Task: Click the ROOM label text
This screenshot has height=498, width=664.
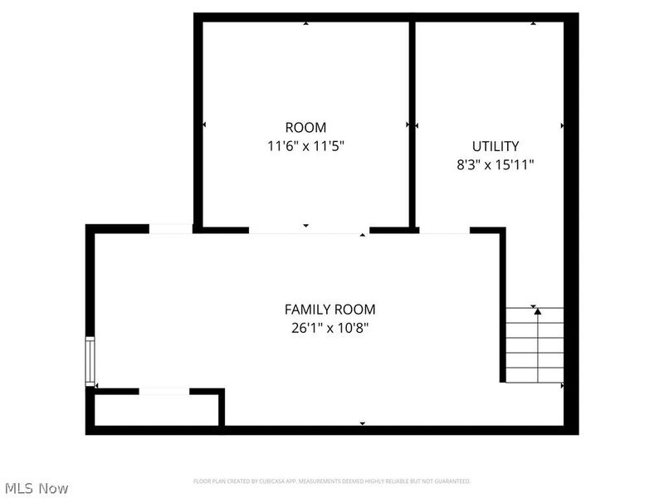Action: (x=305, y=128)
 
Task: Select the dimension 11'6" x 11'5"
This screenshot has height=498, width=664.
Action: (x=305, y=146)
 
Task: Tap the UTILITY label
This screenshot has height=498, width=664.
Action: (x=496, y=146)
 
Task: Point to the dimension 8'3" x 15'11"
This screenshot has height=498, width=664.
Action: (x=496, y=164)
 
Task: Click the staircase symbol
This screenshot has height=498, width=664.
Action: (x=535, y=345)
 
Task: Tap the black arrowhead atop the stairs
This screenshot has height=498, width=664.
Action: (x=538, y=311)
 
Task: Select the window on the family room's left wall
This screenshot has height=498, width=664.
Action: (x=90, y=361)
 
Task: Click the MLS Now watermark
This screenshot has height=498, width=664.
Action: (x=37, y=488)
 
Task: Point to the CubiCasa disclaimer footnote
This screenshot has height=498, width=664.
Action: (x=332, y=481)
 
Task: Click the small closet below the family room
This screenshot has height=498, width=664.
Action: (x=156, y=409)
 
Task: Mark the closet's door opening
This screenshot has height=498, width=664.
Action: (x=164, y=391)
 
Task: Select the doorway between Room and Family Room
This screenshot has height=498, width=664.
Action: (x=309, y=230)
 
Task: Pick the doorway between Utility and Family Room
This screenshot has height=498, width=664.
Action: (x=444, y=230)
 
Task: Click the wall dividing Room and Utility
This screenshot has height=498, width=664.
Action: (x=411, y=124)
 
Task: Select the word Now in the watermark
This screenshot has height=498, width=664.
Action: (x=53, y=488)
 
